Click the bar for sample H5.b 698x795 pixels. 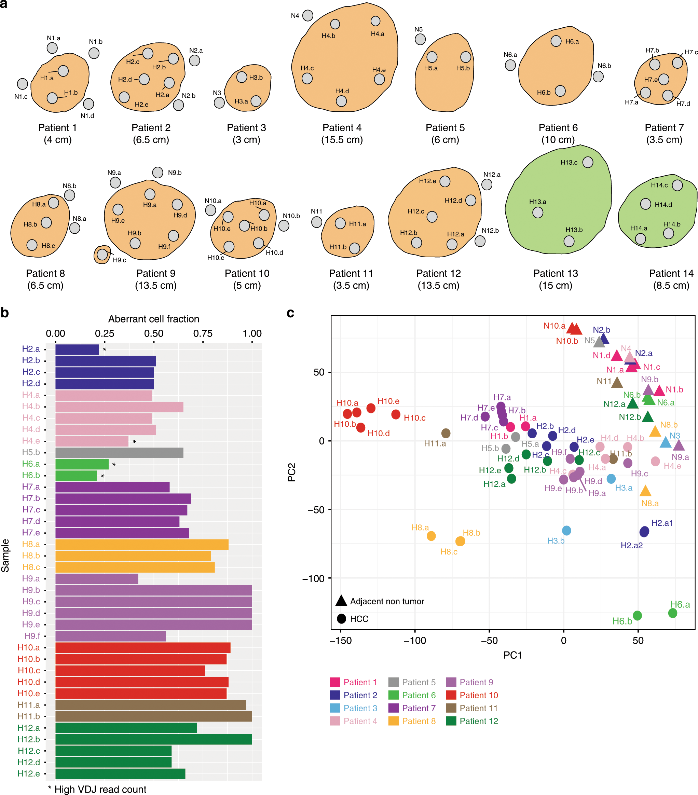[119, 452]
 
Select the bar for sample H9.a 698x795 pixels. [96, 579]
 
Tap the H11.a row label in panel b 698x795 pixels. [28, 705]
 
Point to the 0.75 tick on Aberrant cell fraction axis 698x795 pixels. [203, 334]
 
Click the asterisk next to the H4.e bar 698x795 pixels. [134, 442]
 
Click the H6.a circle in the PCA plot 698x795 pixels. [672, 613]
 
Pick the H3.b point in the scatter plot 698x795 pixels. [566, 531]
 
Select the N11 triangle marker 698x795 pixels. [617, 383]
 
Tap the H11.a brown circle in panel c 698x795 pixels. [446, 433]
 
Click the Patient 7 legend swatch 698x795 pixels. [394, 708]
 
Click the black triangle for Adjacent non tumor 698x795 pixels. [341, 601]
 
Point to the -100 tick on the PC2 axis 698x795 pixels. [313, 579]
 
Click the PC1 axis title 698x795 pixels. [512, 655]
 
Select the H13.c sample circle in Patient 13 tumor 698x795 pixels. [588, 162]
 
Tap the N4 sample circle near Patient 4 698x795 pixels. [307, 16]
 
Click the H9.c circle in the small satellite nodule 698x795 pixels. [102, 255]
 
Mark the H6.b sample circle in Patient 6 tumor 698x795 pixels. [560, 91]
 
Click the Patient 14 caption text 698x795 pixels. [671, 273]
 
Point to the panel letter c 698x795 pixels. [290, 313]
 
